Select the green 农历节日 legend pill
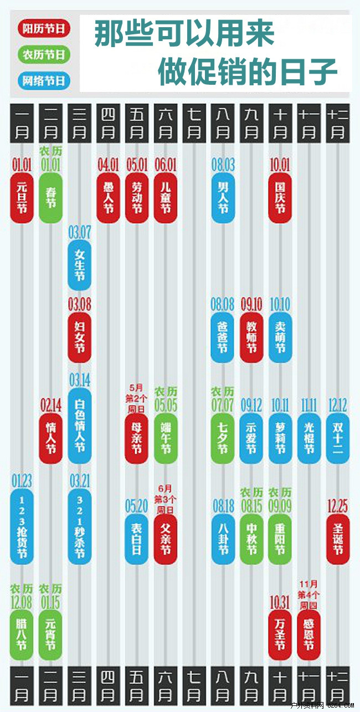(x=44, y=54)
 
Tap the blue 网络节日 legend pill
(x=44, y=81)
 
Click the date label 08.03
(x=223, y=165)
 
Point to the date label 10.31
(x=280, y=602)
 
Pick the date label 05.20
(x=136, y=505)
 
